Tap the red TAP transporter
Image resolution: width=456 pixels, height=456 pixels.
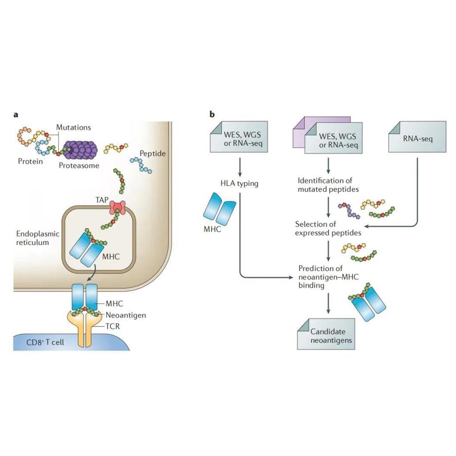pyautogui.click(x=118, y=208)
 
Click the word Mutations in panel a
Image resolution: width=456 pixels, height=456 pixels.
pyautogui.click(x=73, y=127)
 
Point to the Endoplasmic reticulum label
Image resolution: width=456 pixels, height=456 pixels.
pyautogui.click(x=33, y=238)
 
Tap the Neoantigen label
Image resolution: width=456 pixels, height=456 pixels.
pyautogui.click(x=126, y=315)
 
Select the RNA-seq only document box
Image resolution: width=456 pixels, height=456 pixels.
pyautogui.click(x=417, y=139)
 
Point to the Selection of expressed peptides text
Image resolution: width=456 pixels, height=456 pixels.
pyautogui.click(x=328, y=228)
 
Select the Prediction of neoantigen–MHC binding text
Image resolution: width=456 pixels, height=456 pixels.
pyautogui.click(x=328, y=277)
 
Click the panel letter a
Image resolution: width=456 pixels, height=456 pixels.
pyautogui.click(x=16, y=115)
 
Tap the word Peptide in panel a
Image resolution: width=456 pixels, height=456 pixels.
pyautogui.click(x=152, y=154)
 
